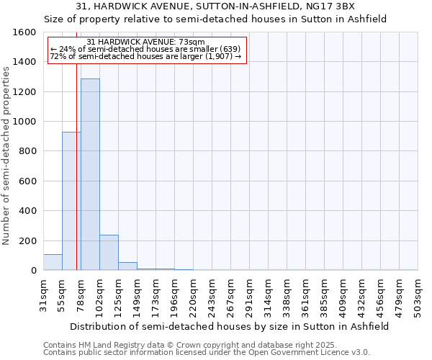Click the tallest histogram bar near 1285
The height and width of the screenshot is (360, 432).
(90, 174)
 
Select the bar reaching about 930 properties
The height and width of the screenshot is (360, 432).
(71, 201)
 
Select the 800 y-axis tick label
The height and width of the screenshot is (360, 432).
(27, 151)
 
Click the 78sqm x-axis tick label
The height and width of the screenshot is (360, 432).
(81, 294)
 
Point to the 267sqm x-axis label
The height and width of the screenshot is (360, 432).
(231, 295)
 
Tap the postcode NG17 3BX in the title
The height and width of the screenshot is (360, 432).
(335, 6)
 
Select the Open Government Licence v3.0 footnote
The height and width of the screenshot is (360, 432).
(207, 353)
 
